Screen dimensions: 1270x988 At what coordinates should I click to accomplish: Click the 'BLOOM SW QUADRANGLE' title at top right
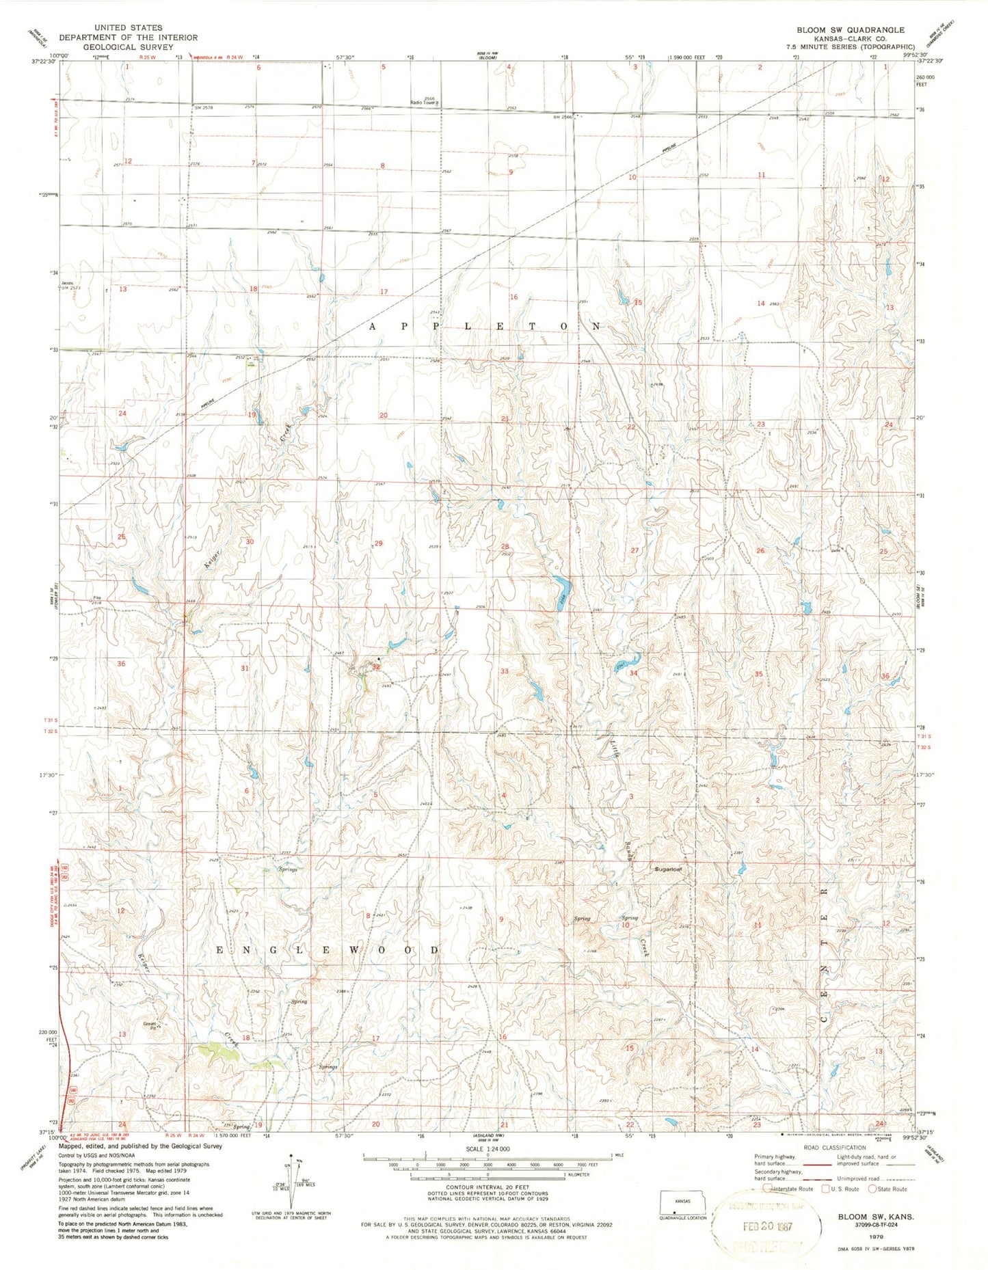[x=849, y=30]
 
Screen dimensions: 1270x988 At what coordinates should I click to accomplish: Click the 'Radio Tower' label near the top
[x=424, y=103]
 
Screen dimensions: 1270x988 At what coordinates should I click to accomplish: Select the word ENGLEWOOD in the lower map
[x=328, y=951]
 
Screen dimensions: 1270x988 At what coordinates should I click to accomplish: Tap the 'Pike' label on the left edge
[x=97, y=598]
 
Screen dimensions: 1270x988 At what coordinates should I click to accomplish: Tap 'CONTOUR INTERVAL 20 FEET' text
[x=487, y=1188]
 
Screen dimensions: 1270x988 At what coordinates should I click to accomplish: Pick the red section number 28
[x=505, y=546]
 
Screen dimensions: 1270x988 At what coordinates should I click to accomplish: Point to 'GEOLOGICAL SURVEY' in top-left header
[x=128, y=47]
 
